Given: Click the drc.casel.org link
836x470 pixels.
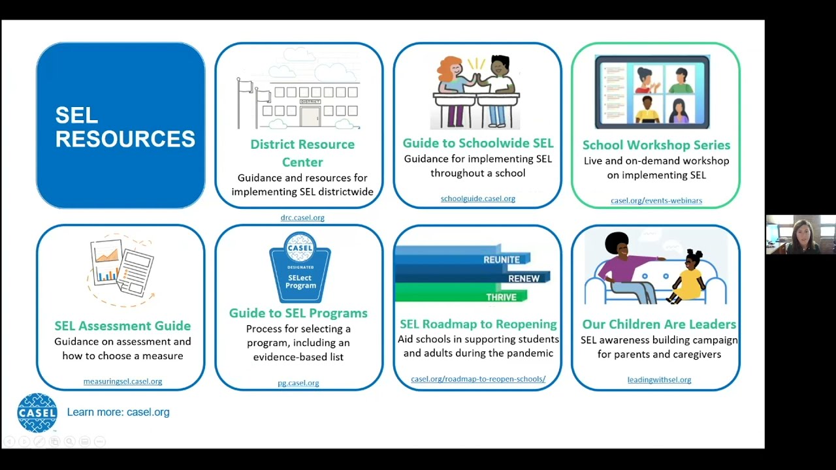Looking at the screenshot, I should point(302,217).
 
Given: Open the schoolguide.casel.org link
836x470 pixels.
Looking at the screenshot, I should point(477,198).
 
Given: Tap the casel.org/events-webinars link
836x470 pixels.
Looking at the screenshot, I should point(656,200).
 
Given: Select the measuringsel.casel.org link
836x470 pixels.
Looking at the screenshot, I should point(122,381).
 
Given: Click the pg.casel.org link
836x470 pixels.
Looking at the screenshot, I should point(298,383).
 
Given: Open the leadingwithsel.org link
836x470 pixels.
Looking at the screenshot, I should point(658,379).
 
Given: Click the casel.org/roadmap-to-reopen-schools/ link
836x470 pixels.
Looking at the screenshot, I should point(477,379).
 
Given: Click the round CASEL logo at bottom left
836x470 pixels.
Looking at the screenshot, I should point(37,413).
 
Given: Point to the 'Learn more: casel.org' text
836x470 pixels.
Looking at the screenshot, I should point(118,412).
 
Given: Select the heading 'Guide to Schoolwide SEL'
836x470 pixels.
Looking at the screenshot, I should point(477,143).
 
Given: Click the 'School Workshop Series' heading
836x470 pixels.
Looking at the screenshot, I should point(656,145).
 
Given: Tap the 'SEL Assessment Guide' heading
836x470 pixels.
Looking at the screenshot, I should point(122,326).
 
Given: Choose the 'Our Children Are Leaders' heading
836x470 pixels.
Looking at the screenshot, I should point(658,324).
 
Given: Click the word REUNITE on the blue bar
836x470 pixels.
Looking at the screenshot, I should point(501,260).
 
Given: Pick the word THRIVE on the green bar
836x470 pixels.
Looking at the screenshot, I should point(501,297).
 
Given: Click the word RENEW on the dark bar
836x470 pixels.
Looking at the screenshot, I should point(523,279).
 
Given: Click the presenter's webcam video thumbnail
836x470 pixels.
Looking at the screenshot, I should point(800,234).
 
